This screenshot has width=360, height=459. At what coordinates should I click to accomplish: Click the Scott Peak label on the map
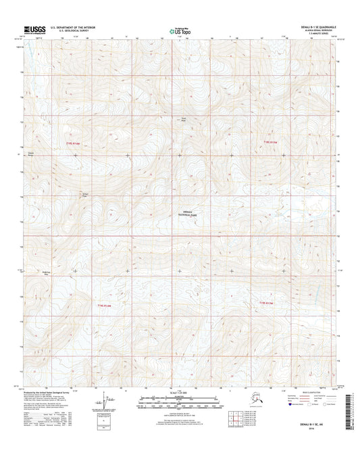[182, 122]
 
